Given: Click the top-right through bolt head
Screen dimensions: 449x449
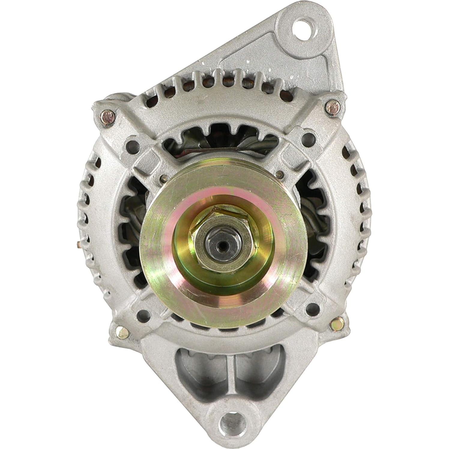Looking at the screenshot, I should (x=333, y=107).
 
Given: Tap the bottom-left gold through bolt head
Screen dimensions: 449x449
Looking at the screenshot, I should (x=122, y=332).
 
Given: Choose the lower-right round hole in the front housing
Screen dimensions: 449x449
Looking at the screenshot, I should (x=312, y=307).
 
